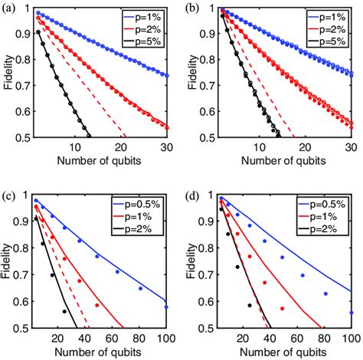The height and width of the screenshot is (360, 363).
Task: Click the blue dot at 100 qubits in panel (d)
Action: point(351,313)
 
